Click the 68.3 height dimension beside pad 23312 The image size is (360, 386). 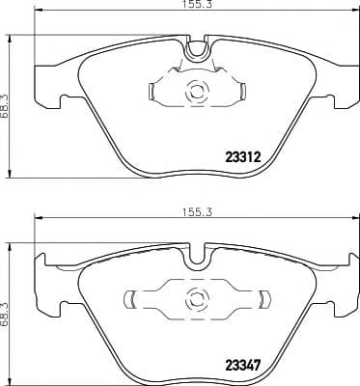point(11,96)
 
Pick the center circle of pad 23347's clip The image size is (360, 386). point(196,298)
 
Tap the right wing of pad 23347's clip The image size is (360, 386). point(258,298)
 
